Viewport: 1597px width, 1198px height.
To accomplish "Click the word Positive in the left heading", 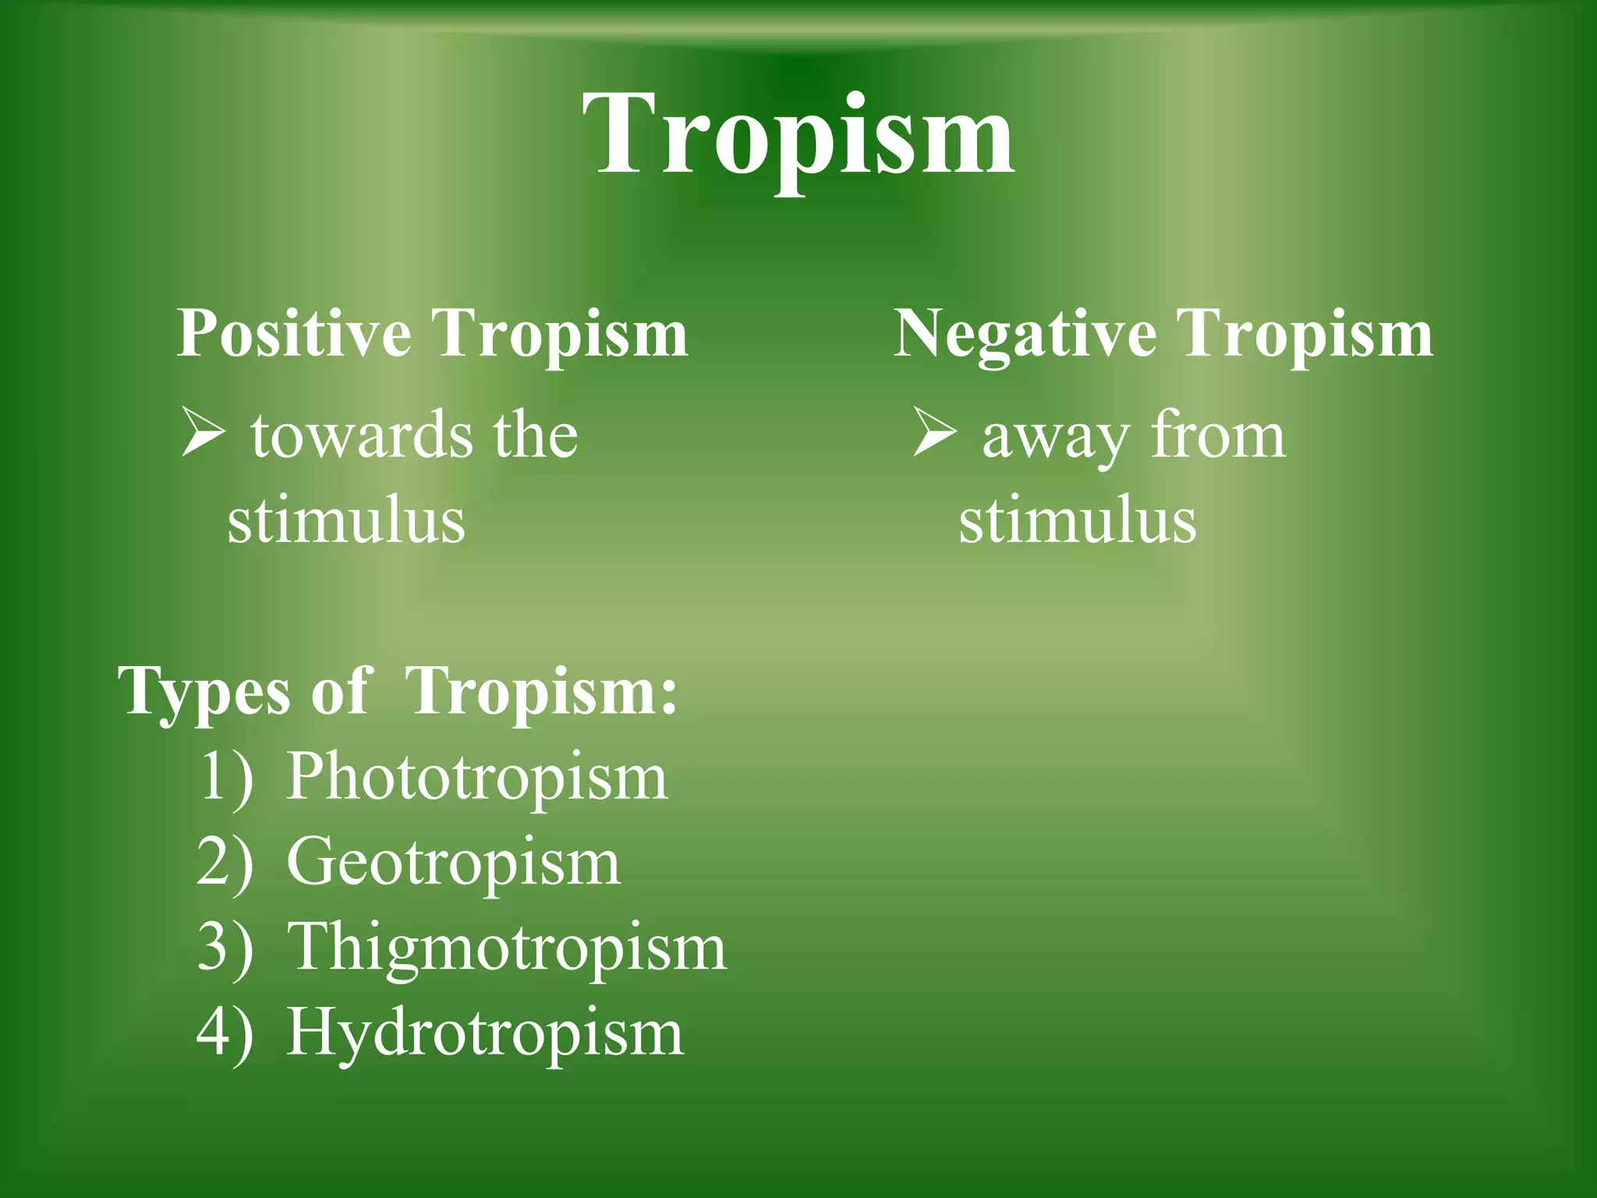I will pos(294,334).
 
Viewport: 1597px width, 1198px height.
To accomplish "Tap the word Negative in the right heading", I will pos(1025,334).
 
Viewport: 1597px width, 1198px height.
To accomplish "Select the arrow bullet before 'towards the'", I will pos(203,435).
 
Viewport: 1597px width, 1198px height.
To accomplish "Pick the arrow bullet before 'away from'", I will pos(934,435).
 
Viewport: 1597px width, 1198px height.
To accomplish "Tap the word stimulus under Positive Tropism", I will pos(346,521).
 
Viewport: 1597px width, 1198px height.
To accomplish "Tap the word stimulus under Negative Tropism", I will pos(1078,521).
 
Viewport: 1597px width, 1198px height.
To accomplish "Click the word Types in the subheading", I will pos(204,693).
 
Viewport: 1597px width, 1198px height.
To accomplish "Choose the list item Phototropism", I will pos(477,777).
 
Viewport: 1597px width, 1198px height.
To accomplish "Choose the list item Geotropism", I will pos(453,863).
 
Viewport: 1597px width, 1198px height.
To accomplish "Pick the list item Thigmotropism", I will pos(507,948).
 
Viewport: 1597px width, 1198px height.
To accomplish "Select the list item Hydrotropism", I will pos(485,1033).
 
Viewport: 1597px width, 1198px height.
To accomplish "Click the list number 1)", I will pos(226,778).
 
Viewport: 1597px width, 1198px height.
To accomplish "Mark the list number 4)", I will pos(225,1034).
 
